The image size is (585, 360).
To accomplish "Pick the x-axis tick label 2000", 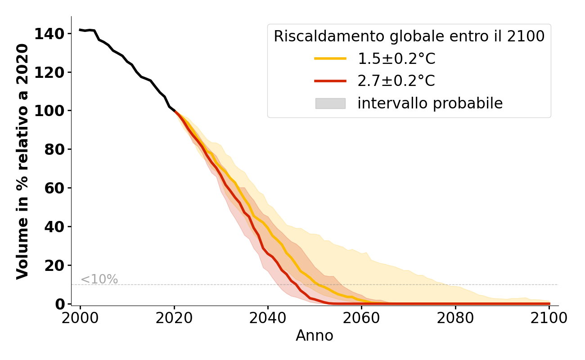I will point(80,318).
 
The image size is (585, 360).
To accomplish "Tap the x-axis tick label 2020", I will point(174,318).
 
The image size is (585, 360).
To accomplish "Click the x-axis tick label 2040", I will point(268,318).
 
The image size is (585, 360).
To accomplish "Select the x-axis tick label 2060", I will point(361,318).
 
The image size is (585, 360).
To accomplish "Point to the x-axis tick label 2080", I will point(455,318).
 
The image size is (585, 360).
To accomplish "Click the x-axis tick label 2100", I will point(549,318).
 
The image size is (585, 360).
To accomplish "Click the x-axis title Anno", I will point(315,336).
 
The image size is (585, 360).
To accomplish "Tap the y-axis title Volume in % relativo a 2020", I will point(22,161).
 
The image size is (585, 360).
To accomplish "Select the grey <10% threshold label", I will point(99,279).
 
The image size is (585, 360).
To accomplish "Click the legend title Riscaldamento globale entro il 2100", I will point(409,36).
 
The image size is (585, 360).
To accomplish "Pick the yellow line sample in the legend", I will point(330,58).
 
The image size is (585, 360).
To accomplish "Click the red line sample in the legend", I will point(330,81).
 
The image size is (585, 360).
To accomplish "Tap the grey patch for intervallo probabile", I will point(330,103).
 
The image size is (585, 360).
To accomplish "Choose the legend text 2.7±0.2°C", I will point(396,81).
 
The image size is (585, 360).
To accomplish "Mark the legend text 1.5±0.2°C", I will point(396,58).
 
